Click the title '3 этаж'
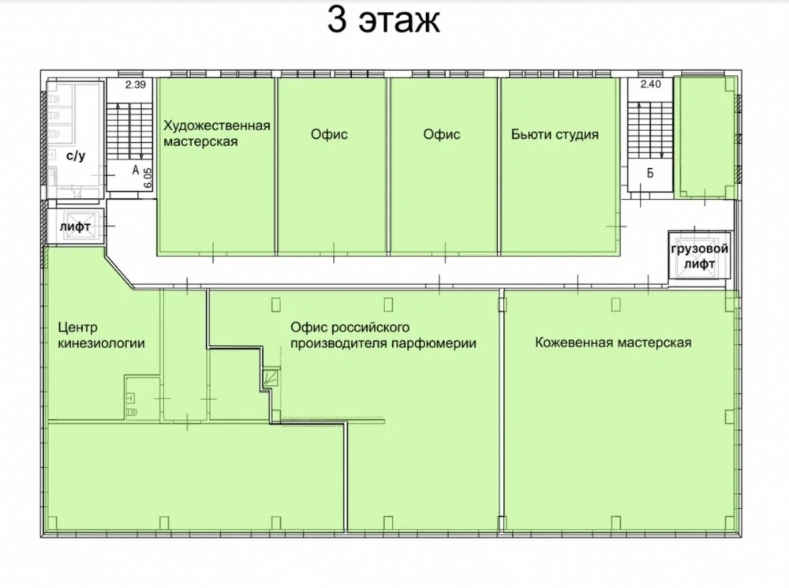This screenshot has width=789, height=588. (384, 21)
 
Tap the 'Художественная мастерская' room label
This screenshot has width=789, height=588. (217, 133)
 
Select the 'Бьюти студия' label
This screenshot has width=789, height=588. (555, 134)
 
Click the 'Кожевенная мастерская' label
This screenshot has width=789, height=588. (613, 343)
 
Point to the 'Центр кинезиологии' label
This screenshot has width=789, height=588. (102, 335)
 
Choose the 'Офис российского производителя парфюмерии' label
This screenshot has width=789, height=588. (383, 335)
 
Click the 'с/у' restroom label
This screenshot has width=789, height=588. (76, 155)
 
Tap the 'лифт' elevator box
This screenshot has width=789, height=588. (76, 226)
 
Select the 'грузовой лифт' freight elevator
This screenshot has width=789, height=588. (699, 255)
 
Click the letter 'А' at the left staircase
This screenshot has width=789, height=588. (136, 170)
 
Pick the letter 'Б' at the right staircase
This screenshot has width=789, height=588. (650, 173)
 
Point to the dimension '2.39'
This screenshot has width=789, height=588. (136, 84)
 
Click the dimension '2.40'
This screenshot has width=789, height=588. (651, 84)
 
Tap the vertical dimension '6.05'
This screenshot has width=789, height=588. (148, 178)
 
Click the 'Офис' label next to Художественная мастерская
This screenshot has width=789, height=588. (329, 134)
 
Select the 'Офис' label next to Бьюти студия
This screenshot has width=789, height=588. (442, 134)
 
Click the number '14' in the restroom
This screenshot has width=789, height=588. (77, 194)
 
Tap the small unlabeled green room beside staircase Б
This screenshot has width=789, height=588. (706, 136)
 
